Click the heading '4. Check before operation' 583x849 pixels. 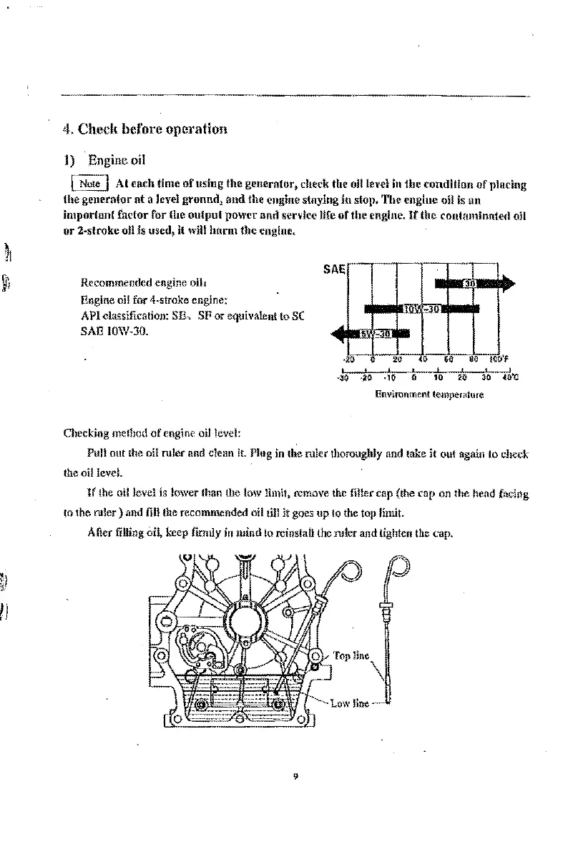pos(145,129)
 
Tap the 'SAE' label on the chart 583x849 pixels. pos(334,269)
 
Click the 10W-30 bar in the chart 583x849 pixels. pos(421,309)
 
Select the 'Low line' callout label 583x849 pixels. pos(350,703)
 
